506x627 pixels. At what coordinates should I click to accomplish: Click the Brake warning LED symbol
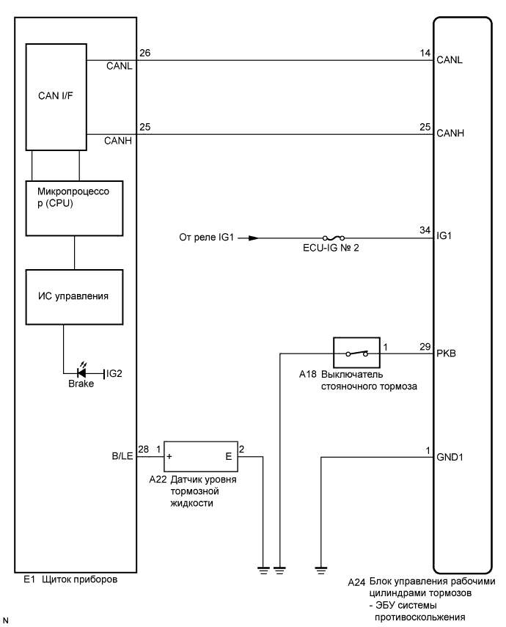(81, 373)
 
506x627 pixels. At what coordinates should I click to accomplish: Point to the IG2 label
(114, 373)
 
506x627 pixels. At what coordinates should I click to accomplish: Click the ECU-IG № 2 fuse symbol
(334, 238)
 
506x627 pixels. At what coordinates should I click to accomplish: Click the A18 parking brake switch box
(356, 353)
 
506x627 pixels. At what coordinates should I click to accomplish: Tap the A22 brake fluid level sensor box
(202, 455)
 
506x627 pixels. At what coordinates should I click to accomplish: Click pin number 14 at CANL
(425, 53)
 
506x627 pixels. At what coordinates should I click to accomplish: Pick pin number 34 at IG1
(425, 231)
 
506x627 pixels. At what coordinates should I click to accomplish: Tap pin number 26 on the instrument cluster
(145, 53)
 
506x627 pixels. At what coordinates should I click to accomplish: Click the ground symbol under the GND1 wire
(321, 566)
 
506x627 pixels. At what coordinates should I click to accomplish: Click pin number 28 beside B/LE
(144, 448)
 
